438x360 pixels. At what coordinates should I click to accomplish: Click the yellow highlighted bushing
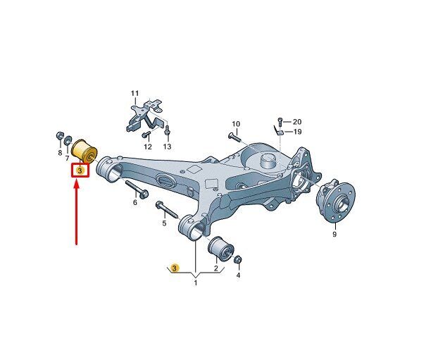click(x=84, y=151)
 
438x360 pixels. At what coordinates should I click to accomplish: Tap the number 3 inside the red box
click(x=80, y=170)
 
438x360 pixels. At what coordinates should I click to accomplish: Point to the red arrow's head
click(x=76, y=185)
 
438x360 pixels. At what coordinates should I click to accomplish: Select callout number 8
click(x=60, y=153)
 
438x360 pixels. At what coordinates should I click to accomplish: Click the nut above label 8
click(x=60, y=135)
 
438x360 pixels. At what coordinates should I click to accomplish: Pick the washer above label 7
click(x=68, y=140)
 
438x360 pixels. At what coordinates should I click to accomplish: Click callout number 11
click(x=135, y=93)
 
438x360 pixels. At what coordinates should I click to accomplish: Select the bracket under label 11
click(x=145, y=115)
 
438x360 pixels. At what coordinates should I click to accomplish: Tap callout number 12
click(x=148, y=147)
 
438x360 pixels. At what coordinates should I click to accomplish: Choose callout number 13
click(x=167, y=147)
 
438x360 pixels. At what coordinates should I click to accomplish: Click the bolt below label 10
click(x=235, y=137)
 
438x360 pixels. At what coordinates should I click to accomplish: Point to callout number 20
click(x=297, y=122)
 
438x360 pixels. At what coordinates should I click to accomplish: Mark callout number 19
click(x=298, y=131)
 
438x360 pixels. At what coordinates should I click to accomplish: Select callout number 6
click(x=135, y=202)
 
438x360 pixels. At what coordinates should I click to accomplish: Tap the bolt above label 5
click(x=167, y=209)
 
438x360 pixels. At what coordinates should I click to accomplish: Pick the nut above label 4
click(x=238, y=260)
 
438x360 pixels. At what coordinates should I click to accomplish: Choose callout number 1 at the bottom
click(x=196, y=283)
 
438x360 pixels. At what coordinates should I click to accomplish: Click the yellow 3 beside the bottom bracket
click(x=175, y=268)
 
